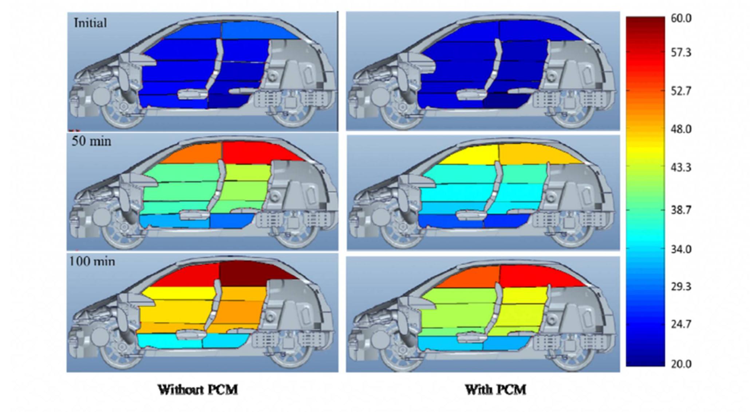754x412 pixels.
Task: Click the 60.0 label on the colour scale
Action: pyautogui.click(x=681, y=19)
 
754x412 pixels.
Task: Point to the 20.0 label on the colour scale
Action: pyautogui.click(x=681, y=364)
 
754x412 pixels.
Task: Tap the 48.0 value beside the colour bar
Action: pyautogui.click(x=681, y=129)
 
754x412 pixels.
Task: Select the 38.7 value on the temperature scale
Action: pyautogui.click(x=681, y=210)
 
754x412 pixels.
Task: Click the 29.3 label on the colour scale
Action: pyautogui.click(x=681, y=287)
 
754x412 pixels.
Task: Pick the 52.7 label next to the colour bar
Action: pyautogui.click(x=681, y=91)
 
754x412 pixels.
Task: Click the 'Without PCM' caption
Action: pyautogui.click(x=198, y=390)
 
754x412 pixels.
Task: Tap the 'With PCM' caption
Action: pyautogui.click(x=496, y=390)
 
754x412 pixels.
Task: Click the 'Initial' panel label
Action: pyautogui.click(x=90, y=23)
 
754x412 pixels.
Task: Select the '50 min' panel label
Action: pyautogui.click(x=91, y=141)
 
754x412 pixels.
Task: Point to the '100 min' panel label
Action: pyautogui.click(x=92, y=262)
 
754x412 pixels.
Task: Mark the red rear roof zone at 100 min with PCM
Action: pyautogui.click(x=535, y=276)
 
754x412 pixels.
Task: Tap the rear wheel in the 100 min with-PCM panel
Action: pyautogui.click(x=568, y=355)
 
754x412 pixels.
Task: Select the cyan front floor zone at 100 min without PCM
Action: pyautogui.click(x=169, y=342)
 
